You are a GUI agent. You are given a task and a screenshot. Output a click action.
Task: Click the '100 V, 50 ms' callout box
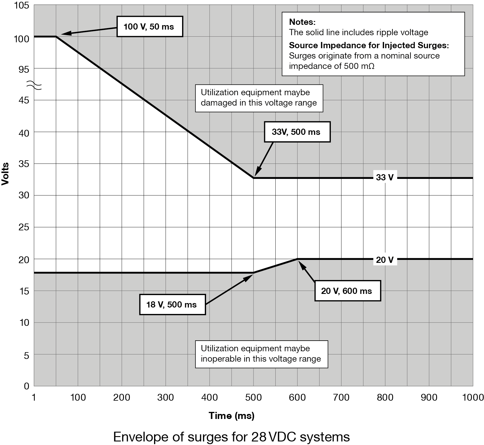tap(150, 27)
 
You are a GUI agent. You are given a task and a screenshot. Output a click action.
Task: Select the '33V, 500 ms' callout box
tap(297, 132)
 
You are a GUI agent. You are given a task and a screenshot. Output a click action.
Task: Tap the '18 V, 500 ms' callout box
tap(172, 305)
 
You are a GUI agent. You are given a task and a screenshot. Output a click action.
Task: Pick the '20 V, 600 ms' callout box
tap(347, 291)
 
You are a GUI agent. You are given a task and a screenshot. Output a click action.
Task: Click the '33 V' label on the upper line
tap(385, 177)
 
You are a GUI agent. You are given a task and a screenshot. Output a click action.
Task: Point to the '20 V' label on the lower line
tap(385, 260)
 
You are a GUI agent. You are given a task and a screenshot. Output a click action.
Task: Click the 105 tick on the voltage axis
tap(22, 6)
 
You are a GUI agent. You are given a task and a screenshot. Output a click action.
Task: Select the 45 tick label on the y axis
tap(24, 101)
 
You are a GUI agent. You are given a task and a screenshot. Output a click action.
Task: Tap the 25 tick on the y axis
tap(24, 227)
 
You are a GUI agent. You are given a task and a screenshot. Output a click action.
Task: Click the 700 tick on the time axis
tap(341, 397)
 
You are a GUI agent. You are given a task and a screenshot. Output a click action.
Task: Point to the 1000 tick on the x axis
tap(472, 397)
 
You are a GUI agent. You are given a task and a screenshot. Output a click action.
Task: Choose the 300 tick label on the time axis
tap(166, 397)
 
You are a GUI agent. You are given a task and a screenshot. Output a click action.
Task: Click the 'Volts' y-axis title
tap(5, 174)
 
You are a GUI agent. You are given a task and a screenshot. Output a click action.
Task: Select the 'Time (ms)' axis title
tap(231, 416)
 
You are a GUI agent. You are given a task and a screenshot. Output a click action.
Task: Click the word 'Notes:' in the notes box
tap(302, 22)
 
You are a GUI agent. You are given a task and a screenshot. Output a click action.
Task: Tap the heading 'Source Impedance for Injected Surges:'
tap(369, 45)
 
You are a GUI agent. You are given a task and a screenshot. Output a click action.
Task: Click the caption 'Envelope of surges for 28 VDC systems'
tap(231, 437)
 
